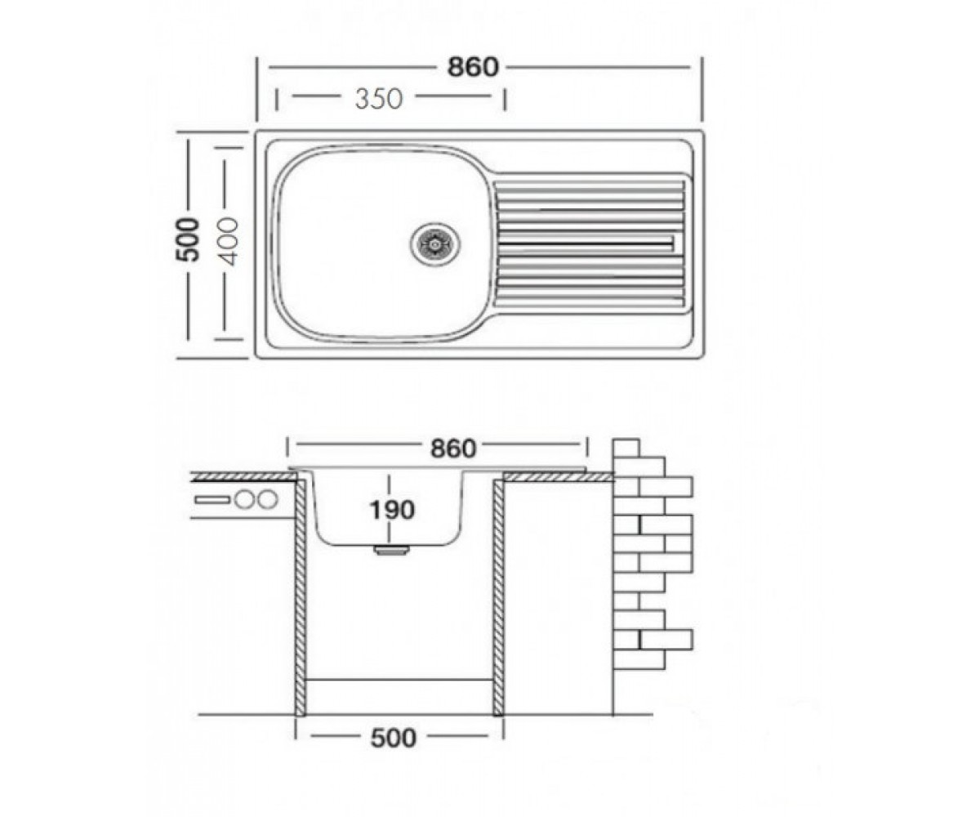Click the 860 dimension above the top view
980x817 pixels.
tap(472, 67)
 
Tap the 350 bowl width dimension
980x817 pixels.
tap(379, 99)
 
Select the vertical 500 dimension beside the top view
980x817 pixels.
tap(188, 239)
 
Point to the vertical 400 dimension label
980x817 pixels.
tap(229, 241)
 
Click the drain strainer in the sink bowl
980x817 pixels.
tap(435, 243)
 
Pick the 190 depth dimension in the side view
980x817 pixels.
tap(392, 510)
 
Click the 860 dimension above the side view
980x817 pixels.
tap(453, 448)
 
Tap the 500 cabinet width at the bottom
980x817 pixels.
tap(394, 738)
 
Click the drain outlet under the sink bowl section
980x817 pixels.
tap(391, 551)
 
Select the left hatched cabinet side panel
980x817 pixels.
tap(301, 597)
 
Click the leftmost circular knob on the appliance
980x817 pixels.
tap(244, 499)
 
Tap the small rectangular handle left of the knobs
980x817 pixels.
tap(212, 499)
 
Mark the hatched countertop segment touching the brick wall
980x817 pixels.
tap(559, 477)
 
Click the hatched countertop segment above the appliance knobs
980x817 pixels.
tap(243, 477)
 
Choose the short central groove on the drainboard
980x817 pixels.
tap(586, 243)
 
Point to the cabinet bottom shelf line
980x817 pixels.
tap(399, 679)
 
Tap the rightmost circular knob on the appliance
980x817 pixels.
tap(268, 499)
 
